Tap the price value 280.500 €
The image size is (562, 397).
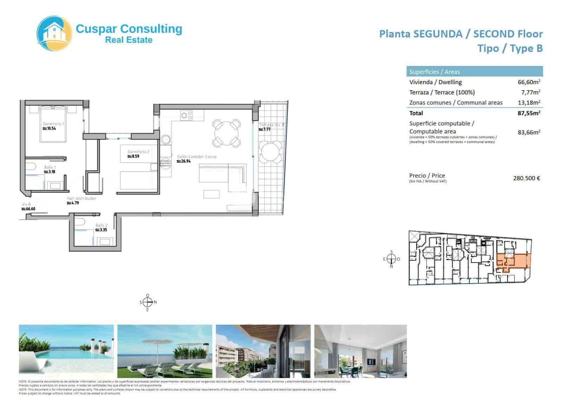pyautogui.click(x=526, y=178)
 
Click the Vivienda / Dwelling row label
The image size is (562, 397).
pyautogui.click(x=435, y=82)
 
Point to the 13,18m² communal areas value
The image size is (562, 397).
pyautogui.click(x=529, y=102)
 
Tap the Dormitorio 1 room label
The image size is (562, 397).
pyautogui.click(x=53, y=124)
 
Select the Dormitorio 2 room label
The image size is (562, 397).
pyautogui.click(x=138, y=152)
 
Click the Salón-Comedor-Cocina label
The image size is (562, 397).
pyautogui.click(x=197, y=157)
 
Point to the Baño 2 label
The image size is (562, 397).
pyautogui.click(x=101, y=225)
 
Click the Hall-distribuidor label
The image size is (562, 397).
pyautogui.click(x=81, y=198)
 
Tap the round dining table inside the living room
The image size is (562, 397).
pyautogui.click(x=227, y=133)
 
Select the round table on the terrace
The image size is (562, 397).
pyautogui.click(x=270, y=152)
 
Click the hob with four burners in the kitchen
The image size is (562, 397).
pyautogui.click(x=187, y=115)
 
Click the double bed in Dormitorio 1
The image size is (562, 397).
pyautogui.click(x=53, y=125)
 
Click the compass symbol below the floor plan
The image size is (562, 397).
pyautogui.click(x=148, y=302)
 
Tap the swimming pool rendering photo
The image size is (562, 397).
pyautogui.click(x=66, y=351)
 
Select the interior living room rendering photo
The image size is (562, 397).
pyautogui.click(x=360, y=351)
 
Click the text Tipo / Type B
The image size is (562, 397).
pyautogui.click(x=510, y=48)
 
